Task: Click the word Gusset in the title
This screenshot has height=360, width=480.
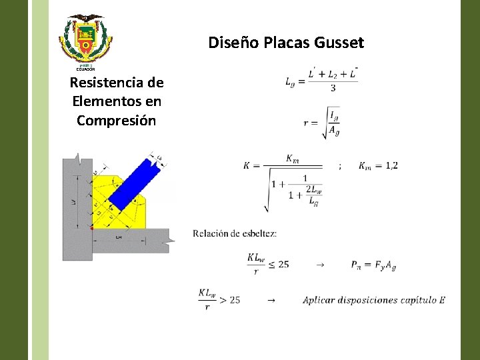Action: click(x=341, y=43)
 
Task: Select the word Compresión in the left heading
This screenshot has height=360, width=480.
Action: click(x=116, y=121)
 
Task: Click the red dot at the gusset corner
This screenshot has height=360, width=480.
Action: click(x=93, y=228)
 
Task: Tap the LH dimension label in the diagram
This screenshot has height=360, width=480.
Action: click(x=119, y=237)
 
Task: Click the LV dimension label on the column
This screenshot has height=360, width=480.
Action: click(x=73, y=201)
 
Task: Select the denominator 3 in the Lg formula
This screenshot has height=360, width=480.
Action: click(x=333, y=89)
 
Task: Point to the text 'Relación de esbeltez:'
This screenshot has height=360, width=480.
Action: click(x=235, y=233)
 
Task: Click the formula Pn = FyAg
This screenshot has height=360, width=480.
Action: click(x=373, y=265)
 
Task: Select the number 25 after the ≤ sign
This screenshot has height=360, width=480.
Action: click(x=283, y=264)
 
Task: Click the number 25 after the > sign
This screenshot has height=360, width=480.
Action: click(x=234, y=300)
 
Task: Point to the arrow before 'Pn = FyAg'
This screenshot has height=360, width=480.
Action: click(x=320, y=265)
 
